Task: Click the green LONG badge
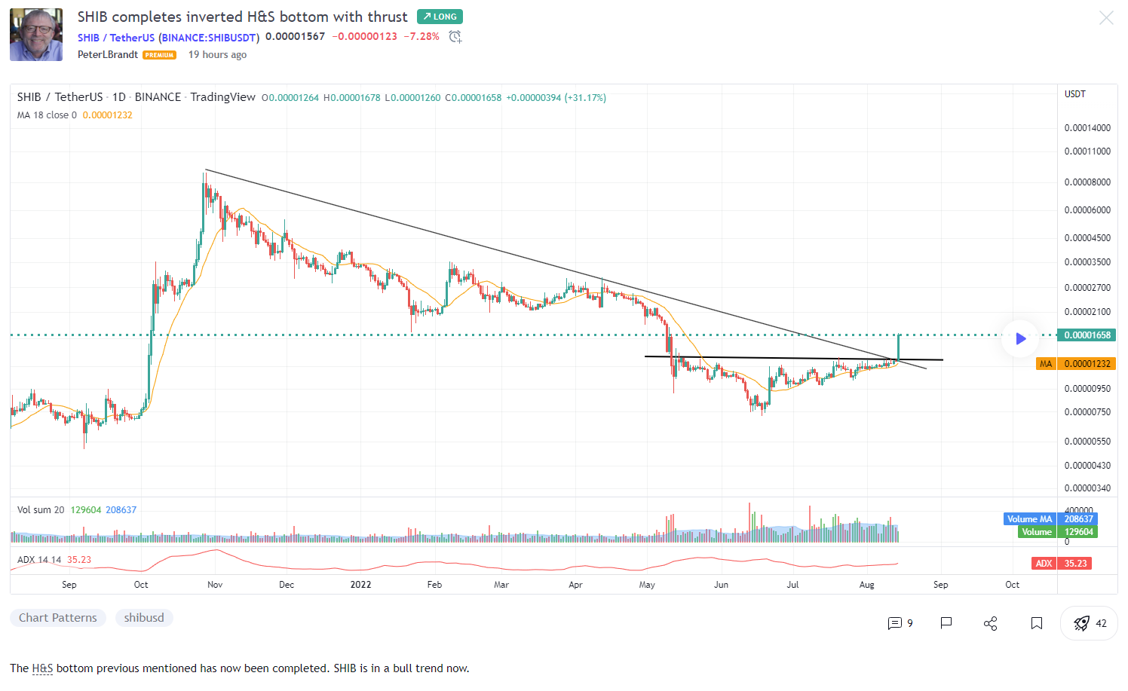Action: (x=440, y=17)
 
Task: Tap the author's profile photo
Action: (x=36, y=35)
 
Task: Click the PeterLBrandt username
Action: (x=108, y=55)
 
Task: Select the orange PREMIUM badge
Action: (x=160, y=55)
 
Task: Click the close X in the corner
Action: (x=1106, y=17)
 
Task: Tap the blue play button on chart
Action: (x=1020, y=339)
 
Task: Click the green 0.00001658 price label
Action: (x=1087, y=335)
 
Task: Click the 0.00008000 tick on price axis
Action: (x=1087, y=182)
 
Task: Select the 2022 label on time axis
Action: (x=360, y=585)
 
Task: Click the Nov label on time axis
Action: (x=215, y=585)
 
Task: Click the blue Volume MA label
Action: (x=1029, y=519)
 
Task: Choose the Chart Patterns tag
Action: (x=58, y=618)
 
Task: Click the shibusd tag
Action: (x=144, y=618)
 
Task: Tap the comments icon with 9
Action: (x=900, y=623)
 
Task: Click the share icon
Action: (x=991, y=623)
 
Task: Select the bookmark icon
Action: (x=1037, y=623)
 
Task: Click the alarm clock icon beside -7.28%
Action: (x=455, y=37)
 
